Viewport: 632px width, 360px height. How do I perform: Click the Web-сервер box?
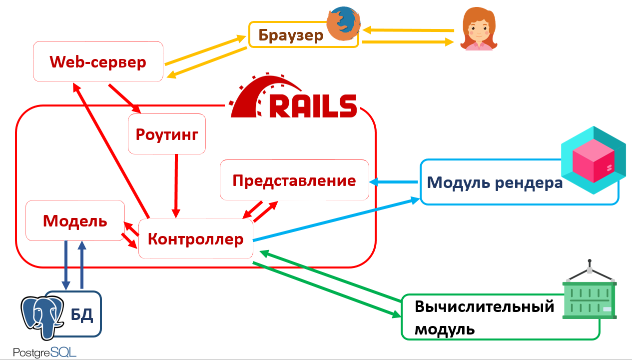tap(98, 62)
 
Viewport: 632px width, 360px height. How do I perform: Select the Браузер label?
tap(291, 35)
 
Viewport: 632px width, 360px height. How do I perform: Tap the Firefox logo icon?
tap(343, 24)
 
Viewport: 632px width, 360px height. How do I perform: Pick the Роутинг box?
tap(167, 134)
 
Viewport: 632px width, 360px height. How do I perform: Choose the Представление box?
tap(294, 180)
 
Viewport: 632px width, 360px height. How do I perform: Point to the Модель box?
tap(75, 220)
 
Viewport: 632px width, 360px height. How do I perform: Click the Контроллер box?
tap(195, 239)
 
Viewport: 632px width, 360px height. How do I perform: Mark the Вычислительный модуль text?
tap(484, 317)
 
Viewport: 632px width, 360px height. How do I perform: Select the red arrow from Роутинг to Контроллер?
tap(176, 185)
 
